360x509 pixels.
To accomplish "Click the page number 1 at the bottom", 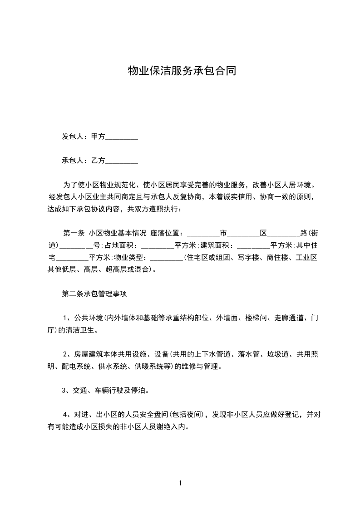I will coord(180,483).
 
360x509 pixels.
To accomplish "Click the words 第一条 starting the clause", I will coord(74,234).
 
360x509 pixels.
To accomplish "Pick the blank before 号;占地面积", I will coord(76,246).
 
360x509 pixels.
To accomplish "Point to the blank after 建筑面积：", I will coord(254,246).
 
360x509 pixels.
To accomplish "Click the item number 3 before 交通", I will coord(64,391).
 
